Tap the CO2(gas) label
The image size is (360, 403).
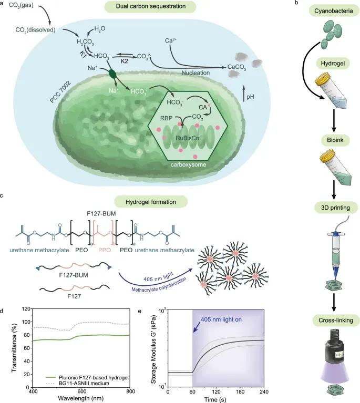tap(22, 8)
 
